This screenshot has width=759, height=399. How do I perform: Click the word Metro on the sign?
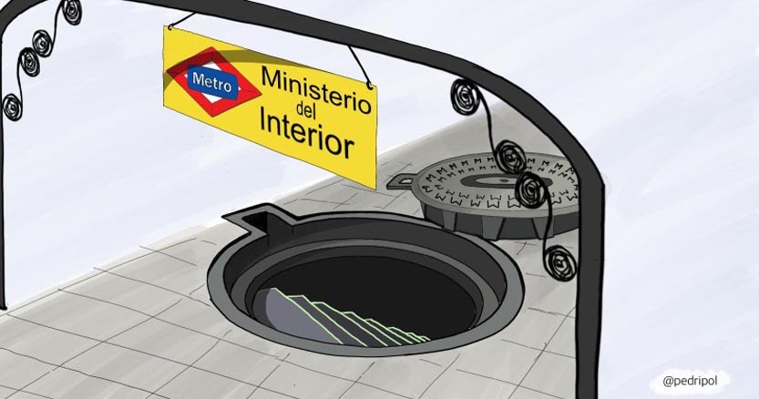[x=212, y=83]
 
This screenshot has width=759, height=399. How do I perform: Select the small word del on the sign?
[x=306, y=111]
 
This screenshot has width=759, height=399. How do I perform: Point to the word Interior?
[x=306, y=133]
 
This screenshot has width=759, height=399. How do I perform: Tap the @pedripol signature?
[x=690, y=381]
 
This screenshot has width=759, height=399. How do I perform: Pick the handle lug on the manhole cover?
[x=401, y=182]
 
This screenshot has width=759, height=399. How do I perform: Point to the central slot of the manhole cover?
[x=494, y=181]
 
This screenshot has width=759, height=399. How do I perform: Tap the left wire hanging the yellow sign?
[x=181, y=20]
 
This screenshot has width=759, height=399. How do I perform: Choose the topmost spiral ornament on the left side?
[x=71, y=12]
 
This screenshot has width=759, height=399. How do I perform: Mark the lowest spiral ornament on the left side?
[x=12, y=107]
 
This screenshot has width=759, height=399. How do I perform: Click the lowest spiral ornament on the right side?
[x=560, y=263]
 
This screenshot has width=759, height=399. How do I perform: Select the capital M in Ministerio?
[x=273, y=77]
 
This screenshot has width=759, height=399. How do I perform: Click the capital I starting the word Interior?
[x=263, y=119]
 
